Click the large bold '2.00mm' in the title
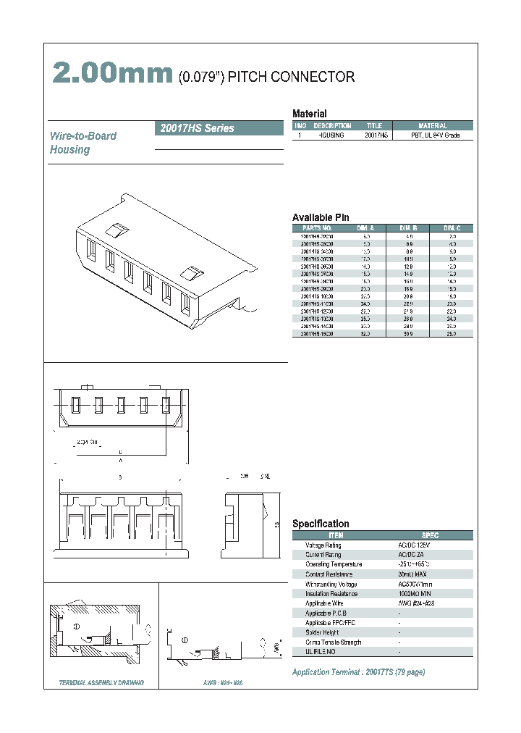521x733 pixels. pyautogui.click(x=112, y=74)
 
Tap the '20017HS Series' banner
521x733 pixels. pyautogui.click(x=195, y=128)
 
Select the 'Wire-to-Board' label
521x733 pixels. pyautogui.click(x=82, y=135)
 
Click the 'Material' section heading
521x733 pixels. pyautogui.click(x=309, y=114)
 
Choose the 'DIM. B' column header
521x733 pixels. pyautogui.click(x=409, y=227)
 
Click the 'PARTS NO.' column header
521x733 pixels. pyautogui.click(x=316, y=227)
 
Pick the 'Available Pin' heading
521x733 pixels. pyautogui.click(x=321, y=217)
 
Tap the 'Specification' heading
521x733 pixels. pyautogui.click(x=321, y=524)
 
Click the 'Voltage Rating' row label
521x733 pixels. pyautogui.click(x=323, y=545)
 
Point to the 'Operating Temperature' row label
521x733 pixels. pyautogui.click(x=334, y=564)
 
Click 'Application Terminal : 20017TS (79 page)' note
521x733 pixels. pyautogui.click(x=358, y=672)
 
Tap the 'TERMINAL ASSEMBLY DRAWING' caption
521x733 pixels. pyautogui.click(x=101, y=683)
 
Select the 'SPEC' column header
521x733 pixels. pyautogui.click(x=429, y=535)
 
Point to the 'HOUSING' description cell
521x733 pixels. pyautogui.click(x=331, y=135)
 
